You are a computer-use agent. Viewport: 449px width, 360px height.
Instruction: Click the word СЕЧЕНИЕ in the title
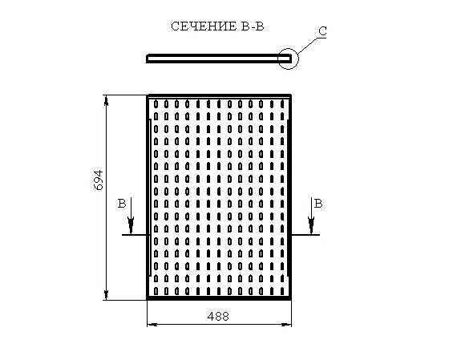[204, 26]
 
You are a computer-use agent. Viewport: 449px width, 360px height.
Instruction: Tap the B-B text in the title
[252, 26]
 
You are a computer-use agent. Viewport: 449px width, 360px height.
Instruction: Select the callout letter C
[322, 31]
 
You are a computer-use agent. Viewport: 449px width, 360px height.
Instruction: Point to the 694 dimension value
[99, 180]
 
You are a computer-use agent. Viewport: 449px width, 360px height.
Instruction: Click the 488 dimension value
[218, 317]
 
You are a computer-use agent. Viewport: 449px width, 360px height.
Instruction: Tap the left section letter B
[122, 204]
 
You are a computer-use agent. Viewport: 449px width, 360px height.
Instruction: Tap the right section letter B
[318, 204]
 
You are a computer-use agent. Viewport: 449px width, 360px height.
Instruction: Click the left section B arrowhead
[131, 225]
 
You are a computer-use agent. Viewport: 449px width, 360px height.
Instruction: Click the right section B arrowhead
[311, 225]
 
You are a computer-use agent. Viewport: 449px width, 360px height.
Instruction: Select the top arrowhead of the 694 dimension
[106, 100]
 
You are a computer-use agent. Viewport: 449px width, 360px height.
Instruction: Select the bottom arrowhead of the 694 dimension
[106, 295]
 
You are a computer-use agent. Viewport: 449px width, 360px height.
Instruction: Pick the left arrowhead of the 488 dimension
[152, 325]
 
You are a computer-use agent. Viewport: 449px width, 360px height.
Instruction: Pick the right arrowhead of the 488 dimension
[286, 325]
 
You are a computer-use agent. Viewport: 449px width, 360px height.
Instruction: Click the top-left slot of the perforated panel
[156, 103]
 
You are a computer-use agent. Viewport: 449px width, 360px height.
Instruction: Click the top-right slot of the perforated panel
[282, 103]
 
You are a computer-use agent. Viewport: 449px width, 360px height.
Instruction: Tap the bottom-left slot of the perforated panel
[156, 291]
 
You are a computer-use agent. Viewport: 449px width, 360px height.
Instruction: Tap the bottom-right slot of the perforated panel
[282, 291]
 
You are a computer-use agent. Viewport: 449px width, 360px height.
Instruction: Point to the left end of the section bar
[148, 59]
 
